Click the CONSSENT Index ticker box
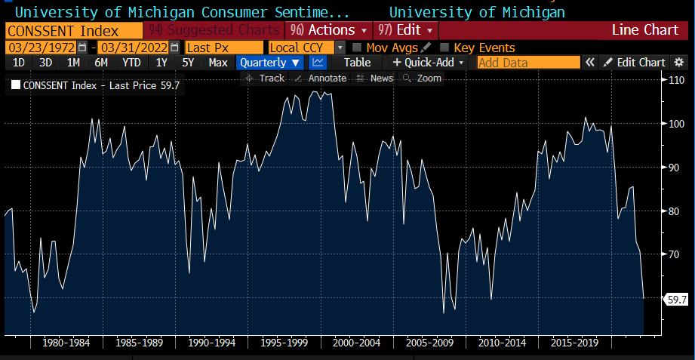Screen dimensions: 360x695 (x=74, y=30)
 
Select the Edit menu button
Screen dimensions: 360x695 (x=406, y=30)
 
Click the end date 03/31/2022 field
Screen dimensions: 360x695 (x=132, y=48)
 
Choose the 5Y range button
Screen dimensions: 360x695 (x=188, y=63)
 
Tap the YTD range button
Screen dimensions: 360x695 (x=131, y=63)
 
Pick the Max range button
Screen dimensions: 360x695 (x=218, y=63)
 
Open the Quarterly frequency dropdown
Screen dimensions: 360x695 (x=270, y=63)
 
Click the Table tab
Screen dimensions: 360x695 (x=358, y=63)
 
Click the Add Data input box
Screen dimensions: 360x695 (x=528, y=63)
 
